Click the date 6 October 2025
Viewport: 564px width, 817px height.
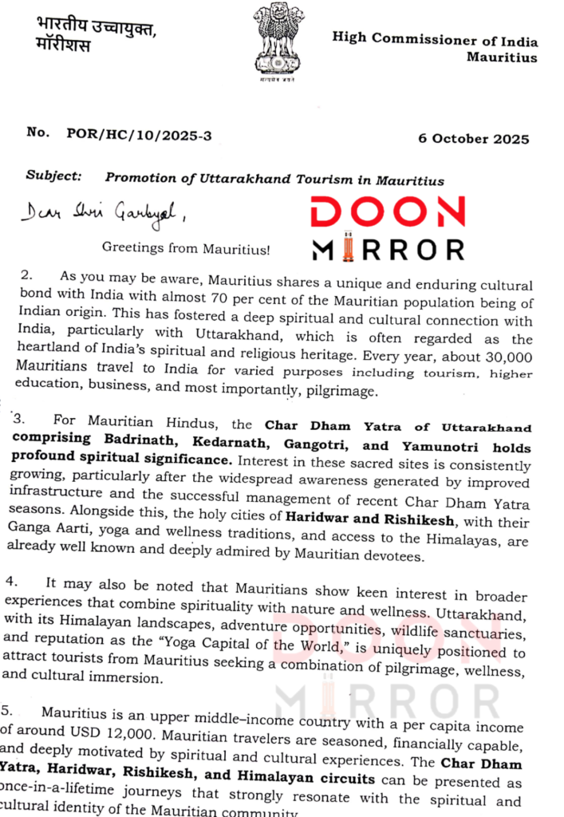[x=473, y=138]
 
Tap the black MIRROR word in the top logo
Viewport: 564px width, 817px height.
[x=388, y=249]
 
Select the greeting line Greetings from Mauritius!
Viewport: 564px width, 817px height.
[x=186, y=249]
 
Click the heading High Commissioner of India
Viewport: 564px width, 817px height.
[x=435, y=41]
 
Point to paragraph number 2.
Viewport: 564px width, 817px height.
[x=27, y=275]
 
